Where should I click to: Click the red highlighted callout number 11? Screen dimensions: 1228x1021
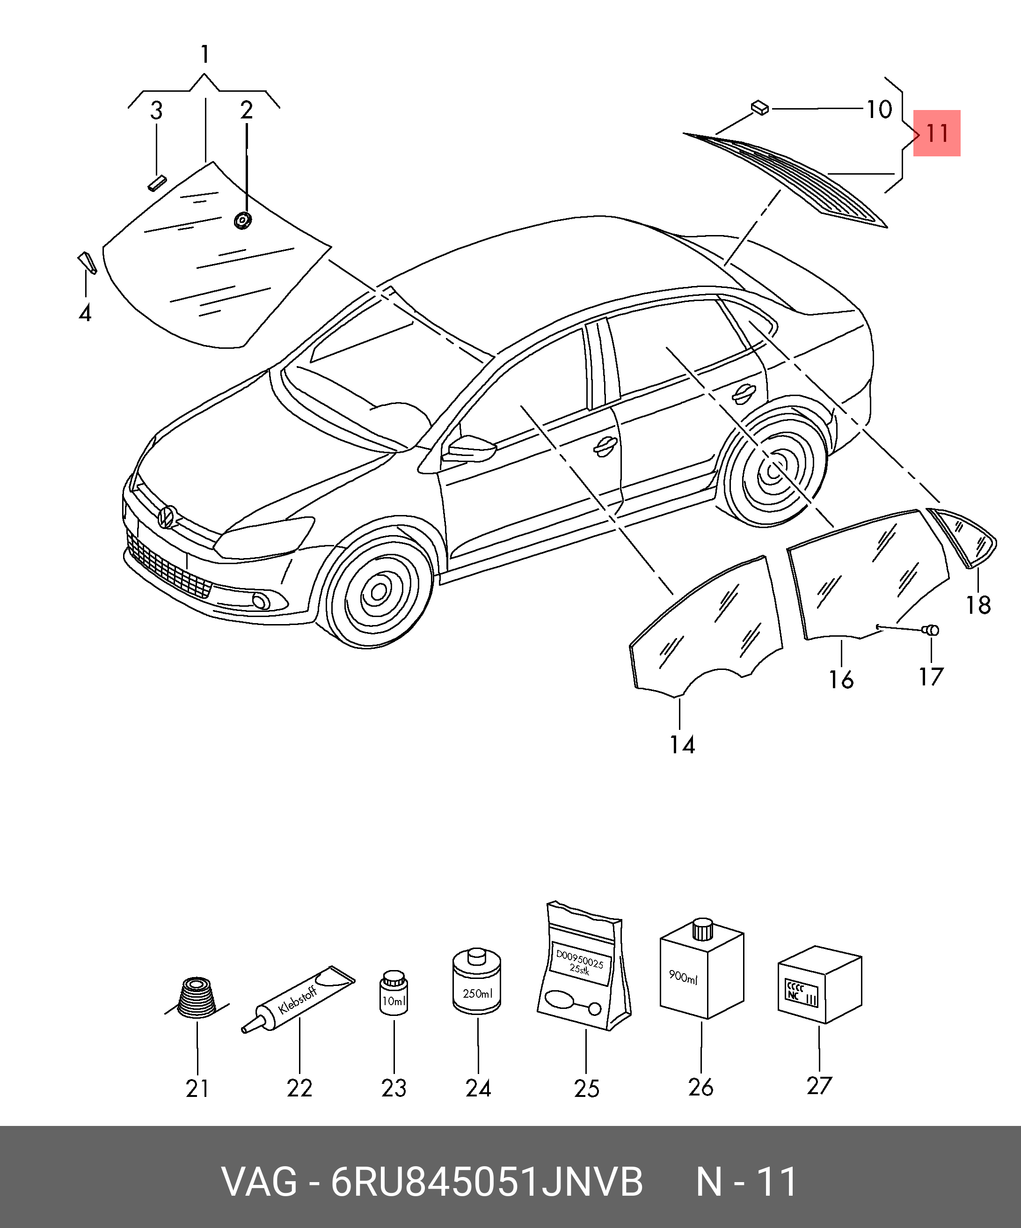[936, 133]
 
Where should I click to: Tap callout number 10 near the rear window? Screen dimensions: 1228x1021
[878, 110]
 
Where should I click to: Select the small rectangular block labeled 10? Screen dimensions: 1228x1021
[760, 108]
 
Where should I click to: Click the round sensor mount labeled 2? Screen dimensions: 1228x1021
[242, 221]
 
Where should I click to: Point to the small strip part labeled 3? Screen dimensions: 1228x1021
[157, 183]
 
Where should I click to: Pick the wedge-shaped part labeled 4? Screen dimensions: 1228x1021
[87, 262]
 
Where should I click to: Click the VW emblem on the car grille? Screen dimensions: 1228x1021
[167, 516]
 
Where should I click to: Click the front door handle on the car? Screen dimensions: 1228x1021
[605, 445]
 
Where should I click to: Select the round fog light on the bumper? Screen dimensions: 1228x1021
[261, 601]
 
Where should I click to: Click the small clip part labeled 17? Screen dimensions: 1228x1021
[930, 630]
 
